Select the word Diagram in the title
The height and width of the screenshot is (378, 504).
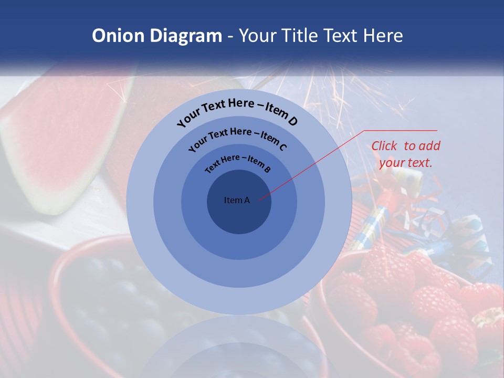pos(186,36)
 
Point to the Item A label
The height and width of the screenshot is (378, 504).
pos(237,200)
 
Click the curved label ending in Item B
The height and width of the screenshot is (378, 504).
pos(238,162)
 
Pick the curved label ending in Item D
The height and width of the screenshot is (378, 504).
pos(237,112)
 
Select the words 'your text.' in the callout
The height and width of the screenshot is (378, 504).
pos(406,163)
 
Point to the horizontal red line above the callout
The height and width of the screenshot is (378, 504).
pos(401,130)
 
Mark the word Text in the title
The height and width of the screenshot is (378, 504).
pos(338,36)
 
